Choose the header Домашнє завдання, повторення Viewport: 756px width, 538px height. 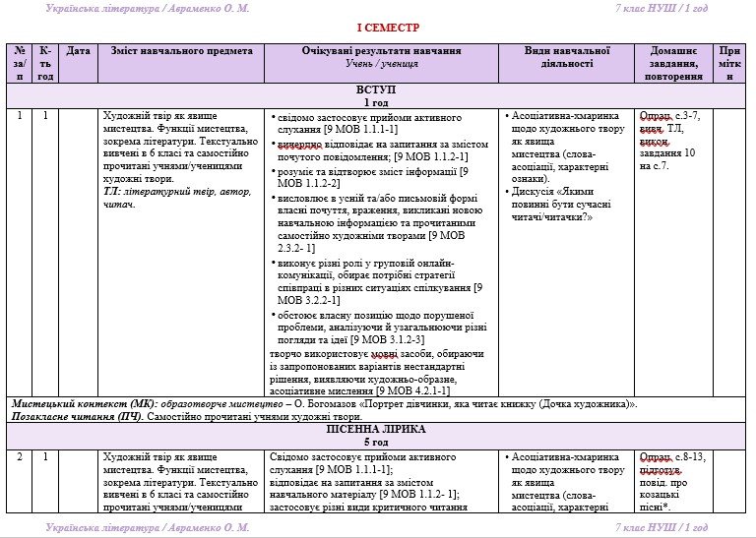[x=674, y=63]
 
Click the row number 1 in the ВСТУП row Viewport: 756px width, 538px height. [x=19, y=115]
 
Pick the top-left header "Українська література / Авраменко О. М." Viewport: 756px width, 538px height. [x=147, y=8]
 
